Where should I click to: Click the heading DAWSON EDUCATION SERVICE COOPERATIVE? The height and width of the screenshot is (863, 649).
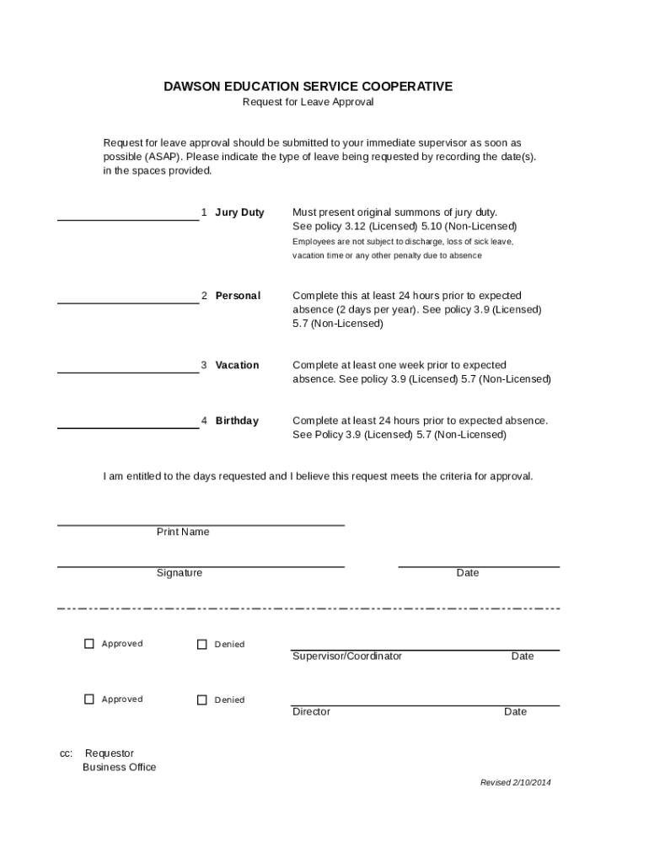click(308, 86)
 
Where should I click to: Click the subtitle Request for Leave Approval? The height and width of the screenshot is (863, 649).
click(308, 102)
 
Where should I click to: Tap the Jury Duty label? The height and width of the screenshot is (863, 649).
click(239, 212)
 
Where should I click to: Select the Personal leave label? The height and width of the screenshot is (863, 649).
click(238, 296)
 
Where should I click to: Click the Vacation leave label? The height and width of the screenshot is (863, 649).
click(237, 365)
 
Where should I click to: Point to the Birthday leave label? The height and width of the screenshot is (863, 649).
click(237, 421)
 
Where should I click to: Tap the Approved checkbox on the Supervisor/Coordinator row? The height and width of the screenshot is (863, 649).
click(89, 644)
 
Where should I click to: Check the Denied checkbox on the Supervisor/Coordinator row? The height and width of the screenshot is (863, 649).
click(202, 645)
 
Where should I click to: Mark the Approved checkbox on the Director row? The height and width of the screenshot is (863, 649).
click(89, 700)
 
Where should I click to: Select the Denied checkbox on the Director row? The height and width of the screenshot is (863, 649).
click(202, 700)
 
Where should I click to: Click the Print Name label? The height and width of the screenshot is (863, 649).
click(183, 532)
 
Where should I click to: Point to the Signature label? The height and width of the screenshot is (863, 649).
click(180, 573)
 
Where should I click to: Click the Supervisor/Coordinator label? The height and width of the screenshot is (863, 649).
click(347, 657)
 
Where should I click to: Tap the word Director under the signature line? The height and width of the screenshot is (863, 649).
click(311, 712)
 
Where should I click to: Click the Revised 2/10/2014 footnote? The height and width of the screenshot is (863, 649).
click(515, 782)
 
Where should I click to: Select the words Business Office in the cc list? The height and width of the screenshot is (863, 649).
click(119, 767)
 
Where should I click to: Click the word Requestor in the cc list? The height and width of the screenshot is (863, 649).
click(110, 753)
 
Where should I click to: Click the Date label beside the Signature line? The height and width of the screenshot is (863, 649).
click(468, 573)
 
